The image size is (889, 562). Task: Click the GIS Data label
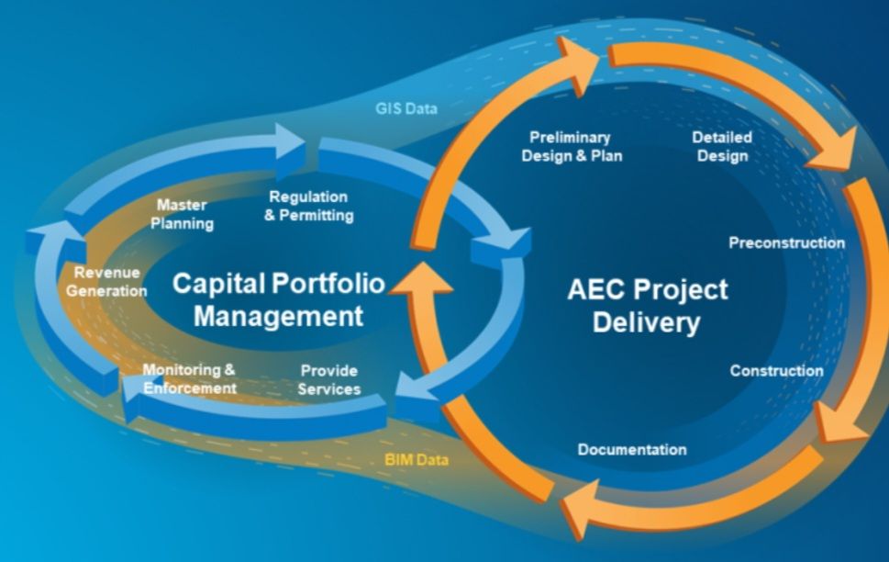tap(406, 108)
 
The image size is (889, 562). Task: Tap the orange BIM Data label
tap(417, 459)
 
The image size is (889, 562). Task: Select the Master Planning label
tap(182, 214)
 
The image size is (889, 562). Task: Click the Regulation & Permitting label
tap(309, 206)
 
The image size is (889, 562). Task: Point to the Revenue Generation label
tap(106, 282)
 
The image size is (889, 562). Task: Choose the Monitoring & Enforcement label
tap(189, 378)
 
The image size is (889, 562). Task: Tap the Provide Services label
tap(329, 380)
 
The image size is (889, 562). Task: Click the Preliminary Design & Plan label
tap(572, 146)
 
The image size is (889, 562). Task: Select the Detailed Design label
tap(722, 146)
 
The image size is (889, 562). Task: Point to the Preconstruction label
tap(787, 243)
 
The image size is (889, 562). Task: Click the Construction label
tap(777, 371)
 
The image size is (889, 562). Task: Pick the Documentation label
tap(632, 450)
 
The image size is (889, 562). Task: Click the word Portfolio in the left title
tap(328, 283)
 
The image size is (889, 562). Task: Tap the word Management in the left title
tap(278, 316)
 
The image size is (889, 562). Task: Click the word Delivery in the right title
tap(647, 323)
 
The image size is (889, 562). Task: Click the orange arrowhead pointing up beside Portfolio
tap(421, 278)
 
